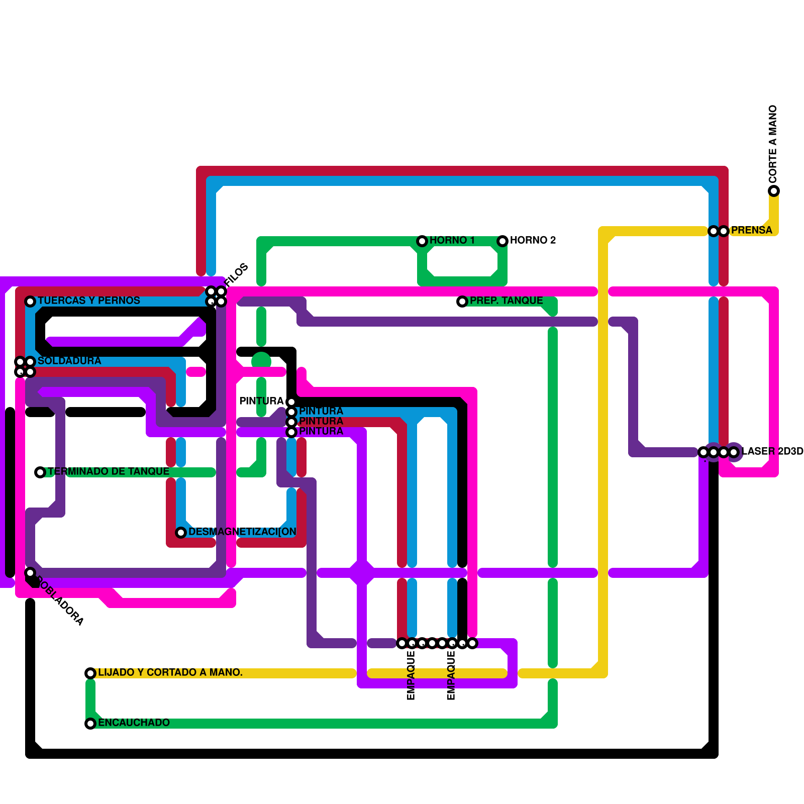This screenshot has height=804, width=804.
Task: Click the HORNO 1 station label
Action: point(452,240)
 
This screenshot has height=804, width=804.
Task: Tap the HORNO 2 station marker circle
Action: point(502,241)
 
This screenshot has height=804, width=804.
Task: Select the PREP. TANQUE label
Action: point(506,300)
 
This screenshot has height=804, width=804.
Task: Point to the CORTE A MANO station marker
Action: point(774,191)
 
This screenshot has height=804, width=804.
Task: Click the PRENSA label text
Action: point(751,230)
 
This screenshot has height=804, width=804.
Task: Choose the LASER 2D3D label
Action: point(772,451)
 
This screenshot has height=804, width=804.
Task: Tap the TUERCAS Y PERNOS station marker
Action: point(30,301)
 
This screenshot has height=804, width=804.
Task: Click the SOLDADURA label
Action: point(69,361)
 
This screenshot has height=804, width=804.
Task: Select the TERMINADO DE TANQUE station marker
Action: point(40,472)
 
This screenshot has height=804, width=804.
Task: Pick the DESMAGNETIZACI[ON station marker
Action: point(181,533)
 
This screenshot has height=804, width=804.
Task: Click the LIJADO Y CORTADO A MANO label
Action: point(170,672)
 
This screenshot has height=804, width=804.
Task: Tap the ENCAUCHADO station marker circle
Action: point(90,724)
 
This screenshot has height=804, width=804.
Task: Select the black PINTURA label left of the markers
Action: point(261,401)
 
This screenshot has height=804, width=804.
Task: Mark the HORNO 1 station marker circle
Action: point(422,241)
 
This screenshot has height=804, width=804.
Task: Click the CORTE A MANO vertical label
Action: point(773,144)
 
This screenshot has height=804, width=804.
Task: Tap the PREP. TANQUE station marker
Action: point(462,301)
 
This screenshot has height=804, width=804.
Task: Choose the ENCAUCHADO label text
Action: point(134,723)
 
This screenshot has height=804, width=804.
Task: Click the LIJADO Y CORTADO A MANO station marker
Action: point(90,673)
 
